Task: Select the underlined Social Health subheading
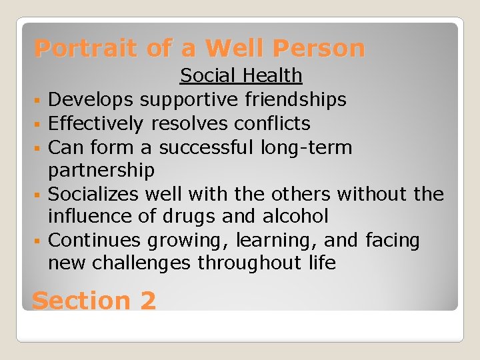(x=241, y=76)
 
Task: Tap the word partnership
(x=101, y=171)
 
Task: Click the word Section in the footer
(x=81, y=301)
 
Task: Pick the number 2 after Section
(x=148, y=301)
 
